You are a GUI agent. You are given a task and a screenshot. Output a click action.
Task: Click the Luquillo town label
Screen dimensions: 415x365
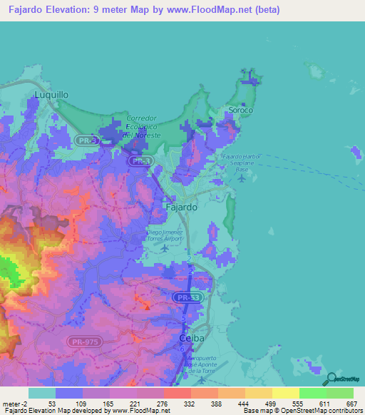coord(51,93)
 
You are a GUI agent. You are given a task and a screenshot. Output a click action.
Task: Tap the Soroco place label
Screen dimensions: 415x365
coord(240,111)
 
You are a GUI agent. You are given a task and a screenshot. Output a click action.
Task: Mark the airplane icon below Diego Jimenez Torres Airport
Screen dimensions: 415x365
coord(165,248)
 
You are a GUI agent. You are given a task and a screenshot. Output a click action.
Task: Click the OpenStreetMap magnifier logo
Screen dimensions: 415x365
coord(329,379)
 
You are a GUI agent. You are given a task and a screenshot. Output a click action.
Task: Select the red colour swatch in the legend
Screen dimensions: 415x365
coord(177,393)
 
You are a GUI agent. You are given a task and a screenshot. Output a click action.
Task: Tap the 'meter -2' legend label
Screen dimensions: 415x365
coord(14,404)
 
